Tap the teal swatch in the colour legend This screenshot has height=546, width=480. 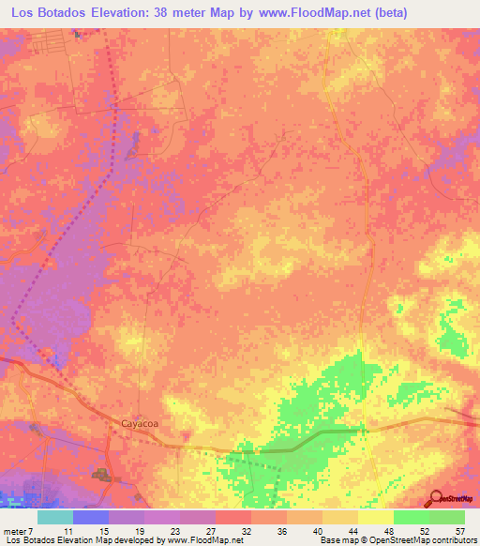(x=55, y=517)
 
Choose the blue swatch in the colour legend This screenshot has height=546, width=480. (x=91, y=517)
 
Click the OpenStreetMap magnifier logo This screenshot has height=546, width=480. (x=436, y=498)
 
